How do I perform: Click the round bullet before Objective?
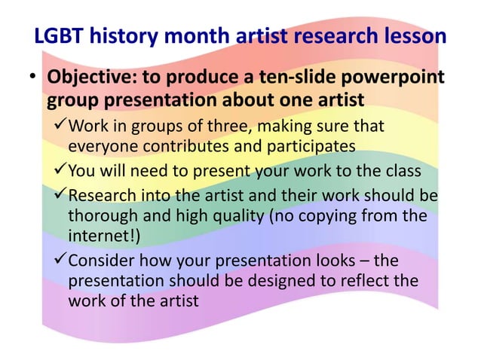point(33,78)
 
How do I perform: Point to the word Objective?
point(93,78)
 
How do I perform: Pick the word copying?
point(317,216)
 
